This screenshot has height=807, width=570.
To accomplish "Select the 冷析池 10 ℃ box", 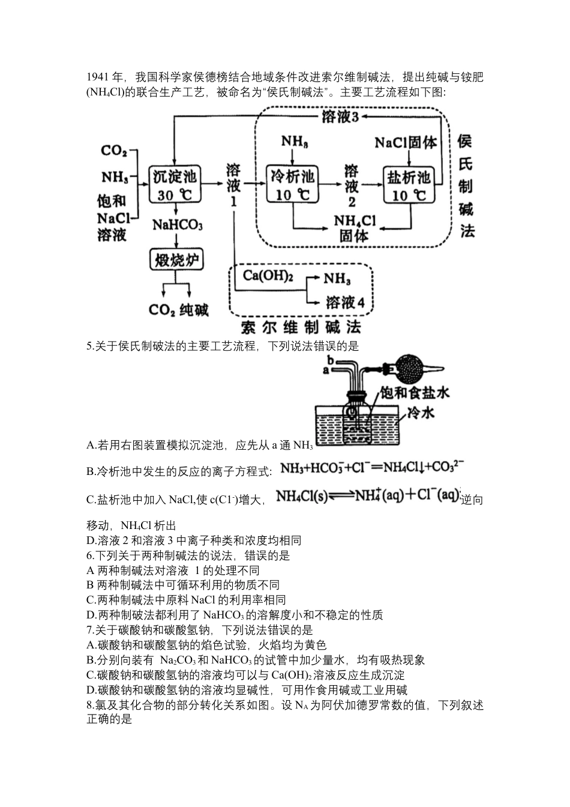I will point(292,186).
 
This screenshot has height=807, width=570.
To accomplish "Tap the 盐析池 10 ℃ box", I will point(408,186).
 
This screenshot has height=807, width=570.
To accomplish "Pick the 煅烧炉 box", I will point(176,261).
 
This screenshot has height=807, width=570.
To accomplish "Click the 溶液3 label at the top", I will point(340,117).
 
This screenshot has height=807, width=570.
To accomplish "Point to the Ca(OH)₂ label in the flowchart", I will point(268,276).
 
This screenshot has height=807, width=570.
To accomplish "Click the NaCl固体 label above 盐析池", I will point(406,142).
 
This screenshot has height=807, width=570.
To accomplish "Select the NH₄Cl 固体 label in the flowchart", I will point(354,229).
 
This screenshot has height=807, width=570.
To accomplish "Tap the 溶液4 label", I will point(345,302).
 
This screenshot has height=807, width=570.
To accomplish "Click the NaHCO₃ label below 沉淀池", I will point(177,225).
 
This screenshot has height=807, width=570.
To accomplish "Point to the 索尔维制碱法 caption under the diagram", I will point(301,328).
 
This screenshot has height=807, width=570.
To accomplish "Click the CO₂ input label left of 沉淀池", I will point(113,151).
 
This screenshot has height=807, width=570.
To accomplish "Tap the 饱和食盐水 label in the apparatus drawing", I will point(413,392).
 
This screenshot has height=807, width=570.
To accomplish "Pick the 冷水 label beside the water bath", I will point(421,413).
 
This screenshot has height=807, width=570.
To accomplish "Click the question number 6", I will point(90,555).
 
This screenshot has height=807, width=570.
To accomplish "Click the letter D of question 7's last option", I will point(91,690).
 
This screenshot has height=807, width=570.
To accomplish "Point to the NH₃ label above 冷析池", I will point(295,142).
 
